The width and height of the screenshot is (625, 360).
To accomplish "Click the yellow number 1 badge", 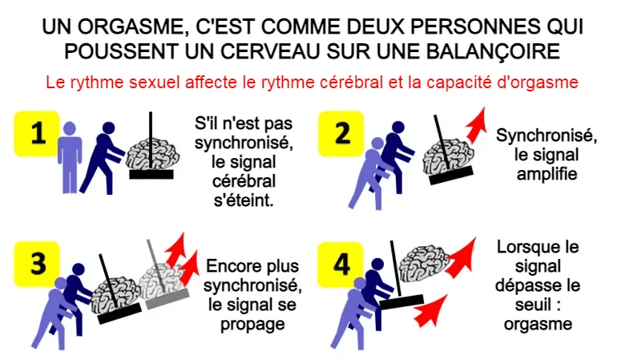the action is [x=37, y=134].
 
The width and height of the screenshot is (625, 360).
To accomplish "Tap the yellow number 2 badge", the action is [x=341, y=134].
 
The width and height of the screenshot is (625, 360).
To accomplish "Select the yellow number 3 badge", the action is [x=37, y=264].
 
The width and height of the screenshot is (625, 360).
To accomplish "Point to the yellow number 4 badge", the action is [x=341, y=265].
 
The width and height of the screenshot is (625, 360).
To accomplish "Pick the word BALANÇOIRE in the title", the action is [x=493, y=51].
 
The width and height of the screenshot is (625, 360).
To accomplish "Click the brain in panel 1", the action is [x=153, y=154].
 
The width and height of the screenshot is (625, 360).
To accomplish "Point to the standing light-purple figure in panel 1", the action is [x=70, y=157].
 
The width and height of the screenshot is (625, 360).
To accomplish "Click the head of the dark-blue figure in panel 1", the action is [x=108, y=128].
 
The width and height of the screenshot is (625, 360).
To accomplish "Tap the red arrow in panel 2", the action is [x=477, y=125].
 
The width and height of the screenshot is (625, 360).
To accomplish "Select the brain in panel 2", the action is [x=449, y=156].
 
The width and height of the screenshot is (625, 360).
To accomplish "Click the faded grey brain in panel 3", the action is [x=163, y=281].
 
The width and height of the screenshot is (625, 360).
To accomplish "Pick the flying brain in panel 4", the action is [x=424, y=261].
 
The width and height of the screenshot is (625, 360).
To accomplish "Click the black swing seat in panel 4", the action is [x=401, y=301].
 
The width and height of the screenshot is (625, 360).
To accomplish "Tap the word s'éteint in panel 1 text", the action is [x=244, y=200].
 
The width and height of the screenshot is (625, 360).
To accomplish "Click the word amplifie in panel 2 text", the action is [x=546, y=174].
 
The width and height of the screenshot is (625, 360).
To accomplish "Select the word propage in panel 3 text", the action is [x=252, y=325].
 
